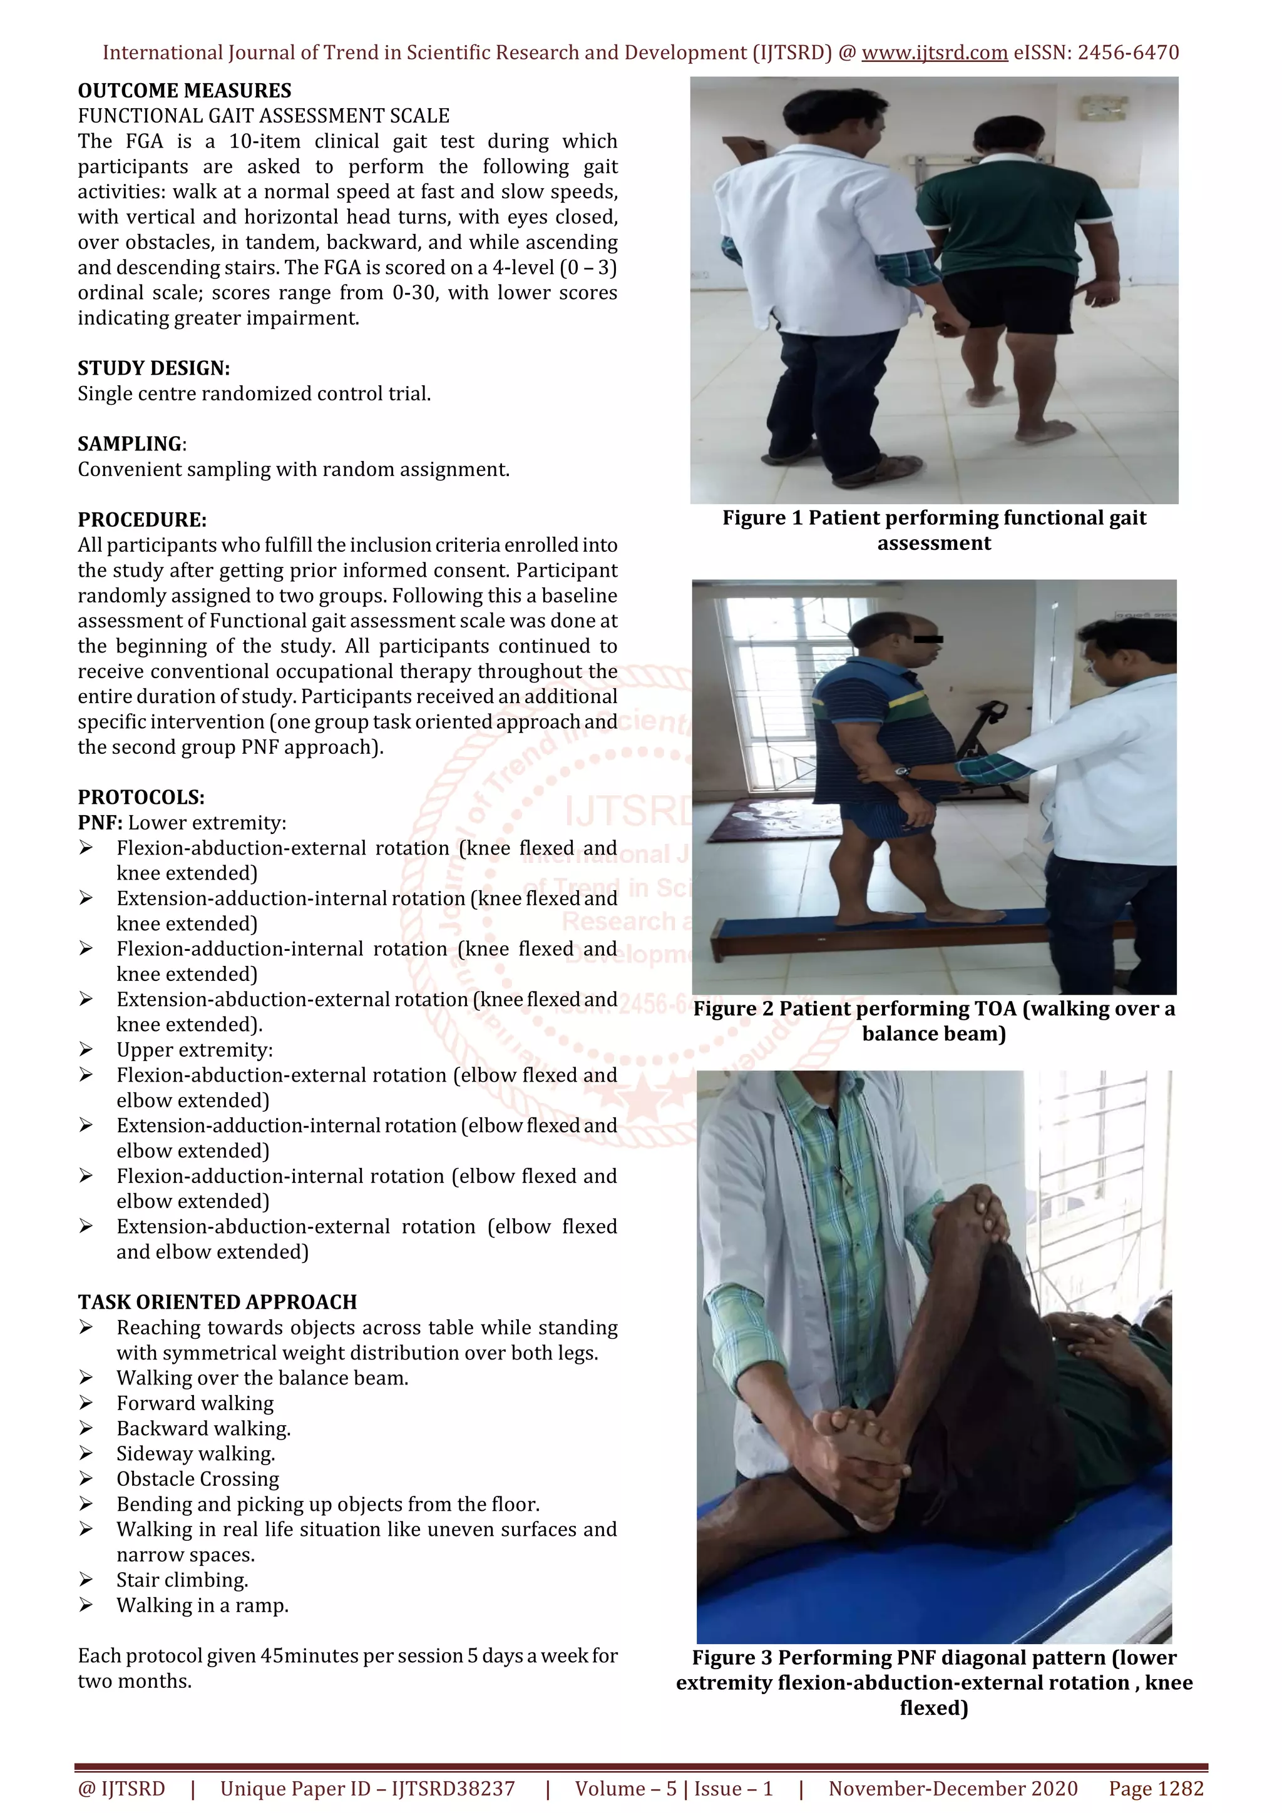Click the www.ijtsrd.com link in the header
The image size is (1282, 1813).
click(935, 53)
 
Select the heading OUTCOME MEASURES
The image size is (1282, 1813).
click(184, 91)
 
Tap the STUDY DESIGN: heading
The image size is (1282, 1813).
click(153, 368)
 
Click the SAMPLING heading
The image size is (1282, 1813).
click(130, 445)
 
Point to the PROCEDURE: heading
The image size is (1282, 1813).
click(141, 521)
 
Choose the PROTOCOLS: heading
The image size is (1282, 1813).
click(141, 798)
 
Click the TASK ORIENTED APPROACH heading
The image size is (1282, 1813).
click(217, 1302)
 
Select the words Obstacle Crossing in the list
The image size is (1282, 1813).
click(197, 1479)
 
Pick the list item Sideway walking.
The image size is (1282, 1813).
click(196, 1454)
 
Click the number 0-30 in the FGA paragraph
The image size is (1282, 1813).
click(414, 293)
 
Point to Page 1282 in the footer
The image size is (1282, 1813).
click(1156, 1789)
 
